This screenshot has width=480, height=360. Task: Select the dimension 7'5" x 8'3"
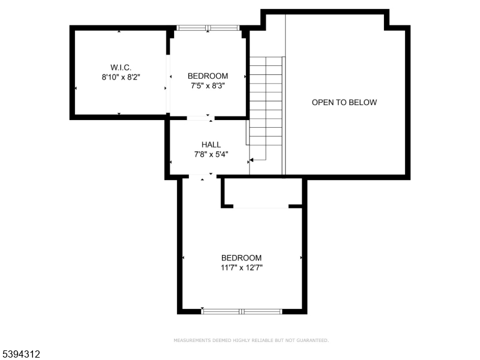coord(208,86)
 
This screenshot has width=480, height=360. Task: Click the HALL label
coord(211,145)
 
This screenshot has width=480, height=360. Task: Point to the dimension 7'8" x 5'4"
coord(211,154)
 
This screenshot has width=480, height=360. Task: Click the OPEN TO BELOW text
coord(344,103)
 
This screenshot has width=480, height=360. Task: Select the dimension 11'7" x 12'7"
coord(242,268)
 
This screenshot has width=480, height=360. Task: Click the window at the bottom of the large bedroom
coord(242,311)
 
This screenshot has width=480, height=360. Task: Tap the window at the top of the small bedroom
coord(208,28)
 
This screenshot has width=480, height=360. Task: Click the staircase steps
coord(266,102)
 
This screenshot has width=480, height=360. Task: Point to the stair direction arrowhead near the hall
coord(251,160)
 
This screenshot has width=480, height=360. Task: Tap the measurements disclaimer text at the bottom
coord(251,341)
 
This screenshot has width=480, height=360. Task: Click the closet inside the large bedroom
coord(262,192)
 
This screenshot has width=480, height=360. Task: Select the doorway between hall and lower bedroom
coord(203,176)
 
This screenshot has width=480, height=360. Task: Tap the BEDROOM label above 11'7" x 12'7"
coord(241,257)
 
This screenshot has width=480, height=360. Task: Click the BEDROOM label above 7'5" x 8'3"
coord(208,76)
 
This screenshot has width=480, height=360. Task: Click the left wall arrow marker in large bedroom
coord(183,258)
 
